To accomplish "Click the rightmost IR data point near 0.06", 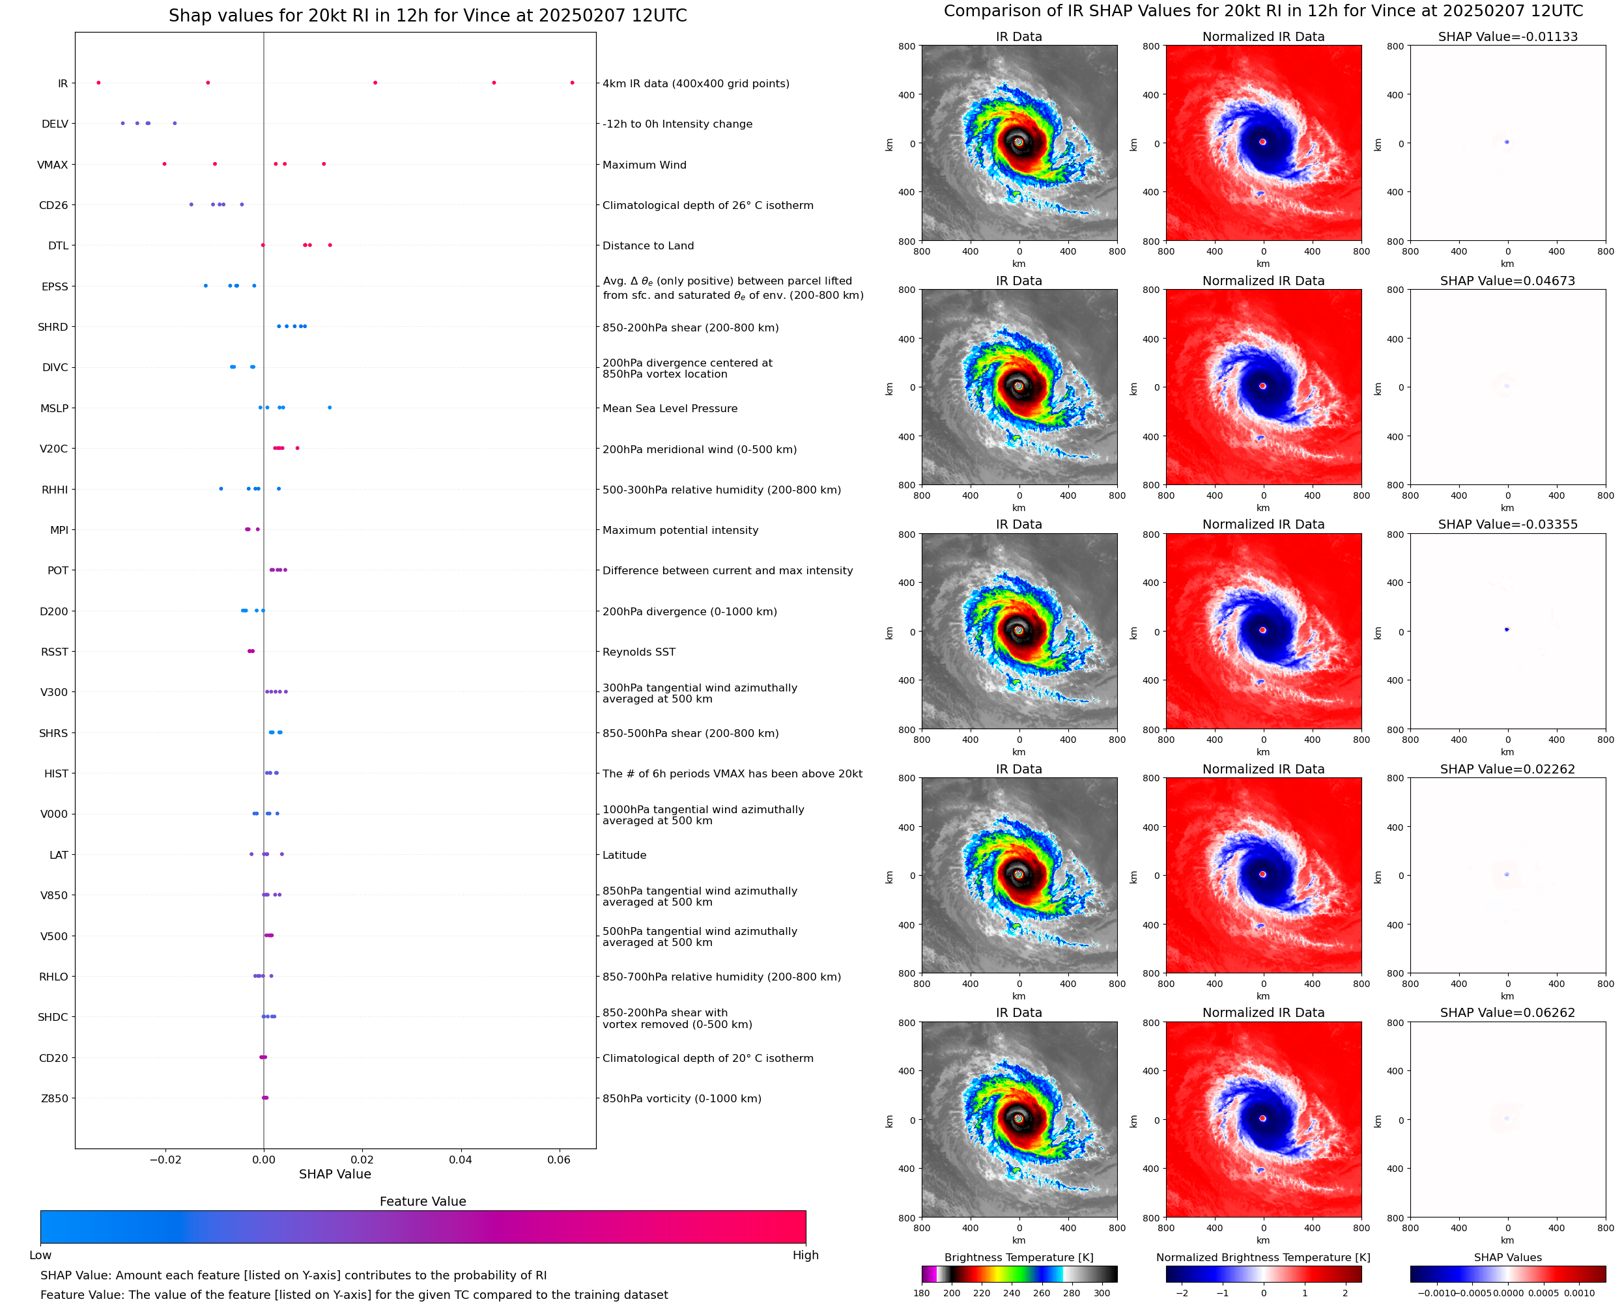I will tap(572, 83).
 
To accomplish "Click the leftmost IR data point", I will tap(99, 83).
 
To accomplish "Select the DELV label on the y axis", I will tap(55, 124).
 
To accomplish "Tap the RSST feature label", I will tap(54, 652).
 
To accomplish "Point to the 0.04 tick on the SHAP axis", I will tap(461, 1160).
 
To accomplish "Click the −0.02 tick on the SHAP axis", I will tap(165, 1160).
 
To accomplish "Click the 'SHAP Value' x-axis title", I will tap(335, 1174).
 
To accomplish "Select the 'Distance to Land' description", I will tap(648, 245).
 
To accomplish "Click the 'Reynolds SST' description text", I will tap(638, 652).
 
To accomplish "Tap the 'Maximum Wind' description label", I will tap(644, 165).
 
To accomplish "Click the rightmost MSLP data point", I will tap(330, 408).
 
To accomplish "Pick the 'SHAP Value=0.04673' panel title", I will tap(1507, 281).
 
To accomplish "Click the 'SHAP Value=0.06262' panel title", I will tap(1507, 1012).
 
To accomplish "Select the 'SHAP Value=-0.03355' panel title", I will tap(1507, 524).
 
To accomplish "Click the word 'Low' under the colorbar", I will tap(40, 1255).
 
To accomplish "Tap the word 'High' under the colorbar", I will tap(805, 1255).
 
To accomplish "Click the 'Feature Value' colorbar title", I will tap(423, 1201).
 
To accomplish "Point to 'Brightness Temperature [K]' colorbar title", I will tap(1018, 1257).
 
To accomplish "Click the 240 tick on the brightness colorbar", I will tap(1012, 1293).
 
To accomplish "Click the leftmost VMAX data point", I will tap(164, 164).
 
